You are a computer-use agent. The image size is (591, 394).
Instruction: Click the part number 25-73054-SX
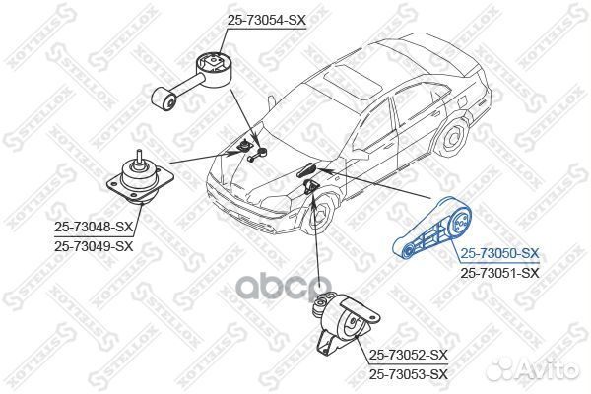tap(266, 20)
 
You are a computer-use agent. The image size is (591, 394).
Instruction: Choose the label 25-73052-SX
tap(408, 355)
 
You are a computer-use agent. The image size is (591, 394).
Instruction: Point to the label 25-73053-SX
tap(408, 373)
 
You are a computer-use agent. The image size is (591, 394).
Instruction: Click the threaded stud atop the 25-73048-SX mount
tap(139, 157)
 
